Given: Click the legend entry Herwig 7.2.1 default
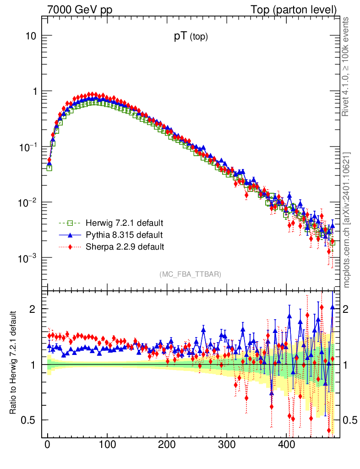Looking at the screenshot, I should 124,224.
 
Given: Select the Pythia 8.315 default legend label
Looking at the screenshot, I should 124,235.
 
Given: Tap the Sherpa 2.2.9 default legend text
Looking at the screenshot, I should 125,247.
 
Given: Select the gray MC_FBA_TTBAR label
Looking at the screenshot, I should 191,274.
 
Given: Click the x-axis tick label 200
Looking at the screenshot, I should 167,445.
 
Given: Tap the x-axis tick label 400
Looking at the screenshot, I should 286,445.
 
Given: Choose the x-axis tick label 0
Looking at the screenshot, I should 48,445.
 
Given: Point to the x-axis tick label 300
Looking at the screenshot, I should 226,445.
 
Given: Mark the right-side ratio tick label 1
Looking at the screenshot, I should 346,365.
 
